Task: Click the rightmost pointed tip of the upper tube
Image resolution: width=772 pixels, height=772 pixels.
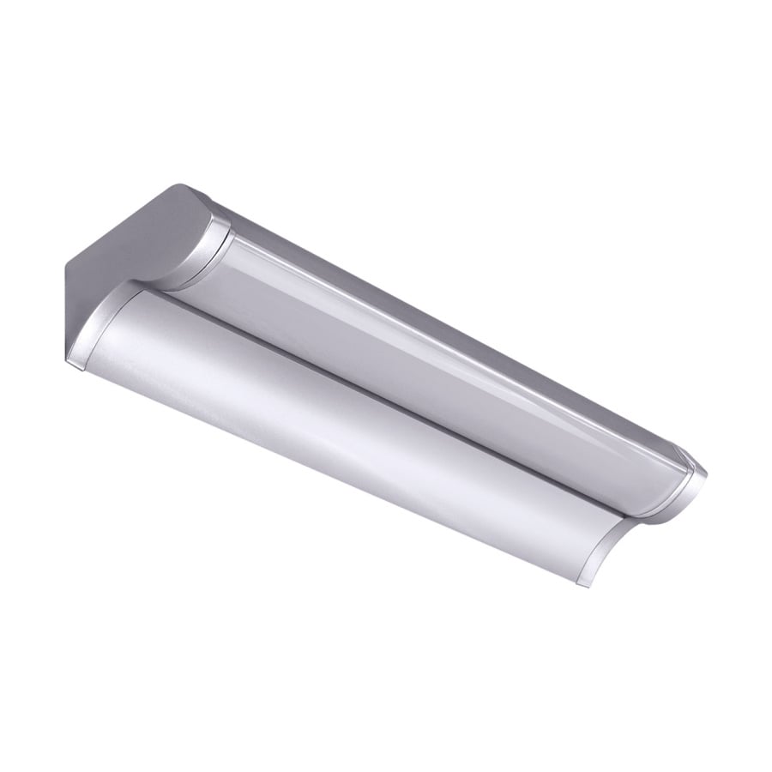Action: pos(708,471)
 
